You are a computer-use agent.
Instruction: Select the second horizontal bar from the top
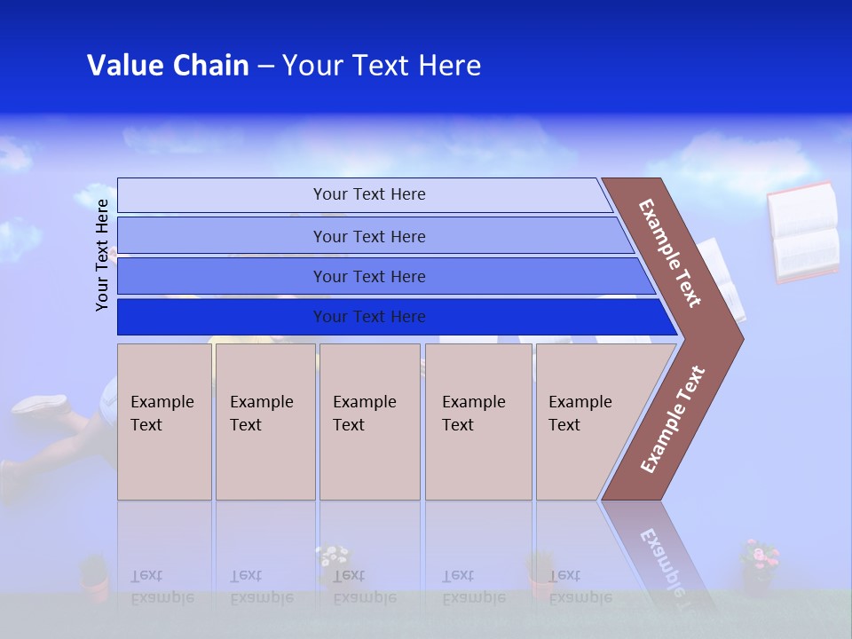[x=368, y=236]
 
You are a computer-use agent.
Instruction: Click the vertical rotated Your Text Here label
[x=102, y=255]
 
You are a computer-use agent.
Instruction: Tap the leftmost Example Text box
[x=164, y=421]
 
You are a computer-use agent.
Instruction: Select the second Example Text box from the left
[x=264, y=421]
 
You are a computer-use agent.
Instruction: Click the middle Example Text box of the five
[x=369, y=421]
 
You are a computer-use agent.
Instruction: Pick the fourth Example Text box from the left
[x=478, y=421]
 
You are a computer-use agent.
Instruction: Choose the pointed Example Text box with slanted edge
[x=590, y=421]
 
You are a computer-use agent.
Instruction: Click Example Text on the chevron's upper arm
[x=670, y=253]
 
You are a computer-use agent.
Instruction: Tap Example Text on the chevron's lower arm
[x=673, y=419]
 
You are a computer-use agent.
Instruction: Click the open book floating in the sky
[x=803, y=233]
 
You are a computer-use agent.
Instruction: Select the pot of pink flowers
[x=759, y=565]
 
